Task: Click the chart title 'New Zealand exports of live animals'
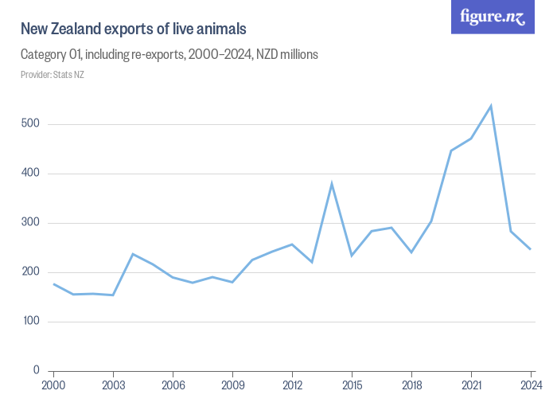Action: pyautogui.click(x=133, y=29)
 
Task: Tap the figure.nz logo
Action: pyautogui.click(x=493, y=17)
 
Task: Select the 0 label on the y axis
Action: pyautogui.click(x=37, y=371)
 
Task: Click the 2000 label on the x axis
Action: pyautogui.click(x=53, y=386)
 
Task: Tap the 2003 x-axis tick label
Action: pyautogui.click(x=113, y=386)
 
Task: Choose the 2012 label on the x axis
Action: pyautogui.click(x=292, y=386)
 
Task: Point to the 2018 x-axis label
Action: pyautogui.click(x=411, y=386)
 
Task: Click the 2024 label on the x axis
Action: pyautogui.click(x=531, y=386)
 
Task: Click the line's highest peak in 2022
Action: pyautogui.click(x=491, y=106)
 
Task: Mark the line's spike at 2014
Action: pyautogui.click(x=332, y=184)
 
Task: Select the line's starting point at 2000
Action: pyautogui.click(x=53, y=284)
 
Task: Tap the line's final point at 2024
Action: pyautogui.click(x=531, y=249)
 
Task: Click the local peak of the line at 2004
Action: pyautogui.click(x=133, y=254)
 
